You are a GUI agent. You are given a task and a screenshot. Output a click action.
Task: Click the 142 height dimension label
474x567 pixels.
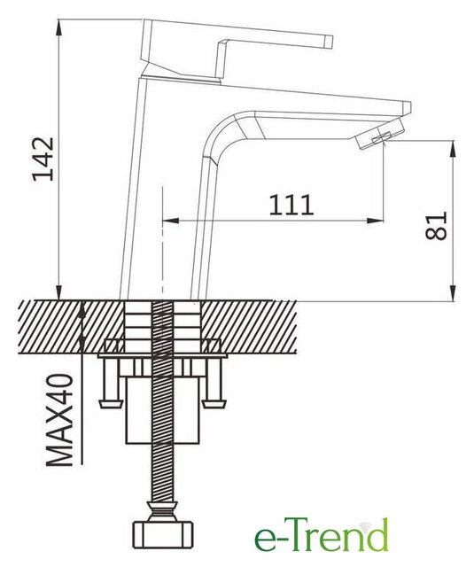tap(43, 159)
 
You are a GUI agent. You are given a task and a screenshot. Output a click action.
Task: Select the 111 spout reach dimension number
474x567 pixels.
tap(291, 205)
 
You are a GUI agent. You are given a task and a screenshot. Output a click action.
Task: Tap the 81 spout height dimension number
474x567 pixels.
tap(436, 226)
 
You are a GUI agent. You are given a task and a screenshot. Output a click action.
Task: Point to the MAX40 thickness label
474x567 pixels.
tap(59, 420)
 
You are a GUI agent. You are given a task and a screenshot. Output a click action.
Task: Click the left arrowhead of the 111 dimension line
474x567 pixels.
tap(171, 221)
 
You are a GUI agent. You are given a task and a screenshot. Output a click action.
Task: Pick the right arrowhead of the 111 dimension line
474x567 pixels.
tap(376, 221)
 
